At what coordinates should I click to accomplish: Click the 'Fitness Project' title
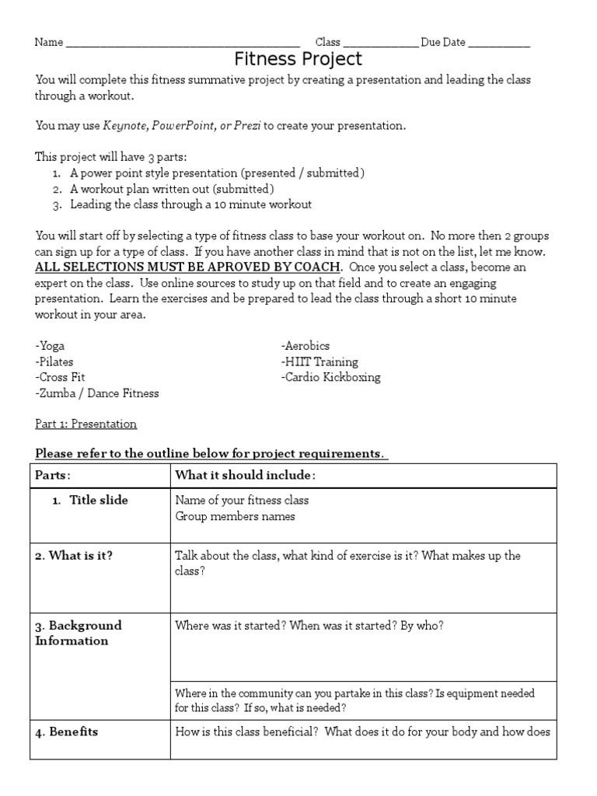(298, 60)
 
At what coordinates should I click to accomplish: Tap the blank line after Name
(183, 44)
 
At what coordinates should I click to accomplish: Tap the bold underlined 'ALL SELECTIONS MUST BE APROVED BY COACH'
(187, 267)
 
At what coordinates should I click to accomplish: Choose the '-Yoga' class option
(50, 346)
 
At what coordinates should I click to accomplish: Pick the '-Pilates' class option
(55, 361)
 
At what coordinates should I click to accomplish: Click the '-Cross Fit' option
(60, 377)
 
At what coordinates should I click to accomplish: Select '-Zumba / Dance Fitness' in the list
(96, 393)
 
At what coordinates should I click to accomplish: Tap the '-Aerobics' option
(306, 346)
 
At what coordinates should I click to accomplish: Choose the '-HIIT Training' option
(319, 361)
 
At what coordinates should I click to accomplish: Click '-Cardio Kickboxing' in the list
(330, 377)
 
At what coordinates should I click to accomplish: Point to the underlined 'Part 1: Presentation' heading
(86, 424)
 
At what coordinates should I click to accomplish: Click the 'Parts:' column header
(52, 475)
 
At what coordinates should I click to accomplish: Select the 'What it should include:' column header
(245, 475)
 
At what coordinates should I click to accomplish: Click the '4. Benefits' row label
(66, 731)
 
